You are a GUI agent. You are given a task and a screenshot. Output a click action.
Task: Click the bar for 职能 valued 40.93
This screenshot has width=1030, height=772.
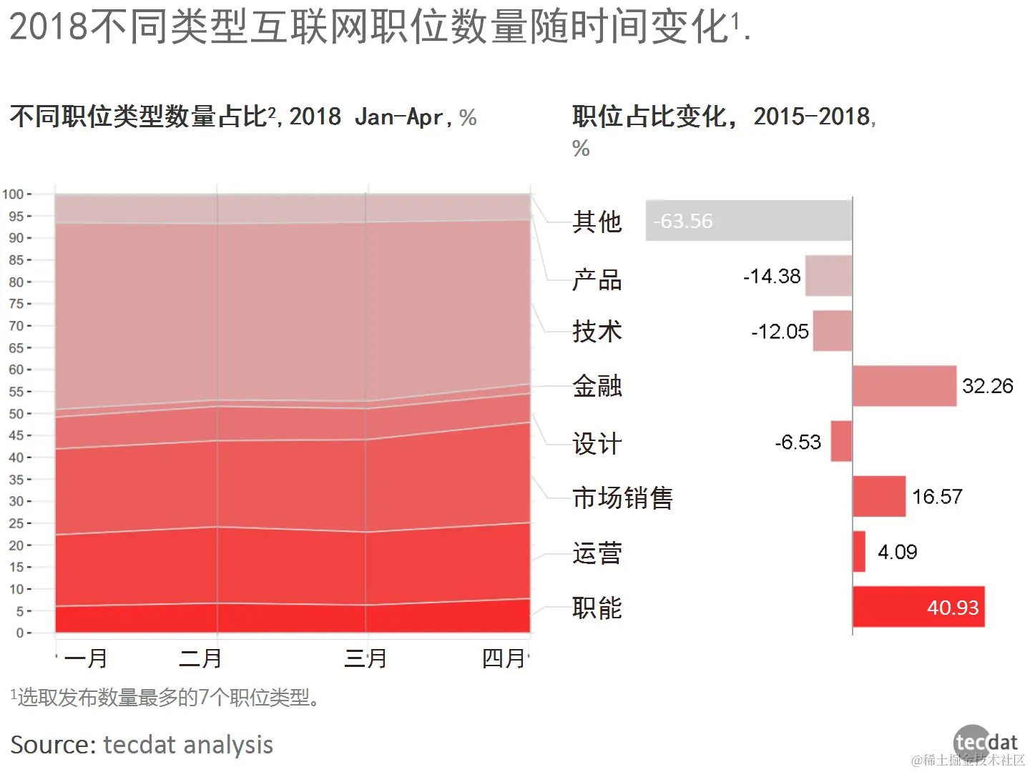(918, 607)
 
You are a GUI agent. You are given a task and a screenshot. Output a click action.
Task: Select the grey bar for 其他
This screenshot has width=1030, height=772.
(748, 220)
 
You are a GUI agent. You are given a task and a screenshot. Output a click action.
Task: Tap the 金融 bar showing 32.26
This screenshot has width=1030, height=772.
(904, 386)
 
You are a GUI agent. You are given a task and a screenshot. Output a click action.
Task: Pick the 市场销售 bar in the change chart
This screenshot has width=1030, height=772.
(879, 496)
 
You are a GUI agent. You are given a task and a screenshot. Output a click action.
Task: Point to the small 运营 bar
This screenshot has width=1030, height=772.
(859, 551)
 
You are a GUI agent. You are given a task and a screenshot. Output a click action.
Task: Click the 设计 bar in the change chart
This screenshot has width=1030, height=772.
(841, 441)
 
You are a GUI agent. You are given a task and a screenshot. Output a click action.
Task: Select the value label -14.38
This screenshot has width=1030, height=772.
(772, 276)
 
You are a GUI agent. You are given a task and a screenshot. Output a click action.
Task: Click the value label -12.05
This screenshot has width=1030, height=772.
(780, 332)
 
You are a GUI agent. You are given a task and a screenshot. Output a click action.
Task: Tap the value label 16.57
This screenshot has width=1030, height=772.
(937, 497)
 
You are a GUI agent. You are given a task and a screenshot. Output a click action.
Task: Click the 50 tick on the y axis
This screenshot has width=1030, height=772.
(16, 414)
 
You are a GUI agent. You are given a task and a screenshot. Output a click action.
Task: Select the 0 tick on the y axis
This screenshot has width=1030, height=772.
(20, 633)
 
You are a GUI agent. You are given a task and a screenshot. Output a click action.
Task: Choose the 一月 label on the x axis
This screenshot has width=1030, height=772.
(86, 658)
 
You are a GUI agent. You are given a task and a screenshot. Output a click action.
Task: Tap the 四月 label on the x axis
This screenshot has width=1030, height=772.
(504, 658)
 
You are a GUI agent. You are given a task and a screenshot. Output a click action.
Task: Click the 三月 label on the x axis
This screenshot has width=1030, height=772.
(366, 658)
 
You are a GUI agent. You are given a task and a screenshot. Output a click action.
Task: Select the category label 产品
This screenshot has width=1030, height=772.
(597, 279)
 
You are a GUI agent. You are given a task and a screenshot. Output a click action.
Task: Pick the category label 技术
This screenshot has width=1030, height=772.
(597, 332)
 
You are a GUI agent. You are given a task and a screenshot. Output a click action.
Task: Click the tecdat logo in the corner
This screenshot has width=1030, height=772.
(985, 743)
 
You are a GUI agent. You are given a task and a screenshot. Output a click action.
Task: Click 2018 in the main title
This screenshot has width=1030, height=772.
(49, 27)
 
